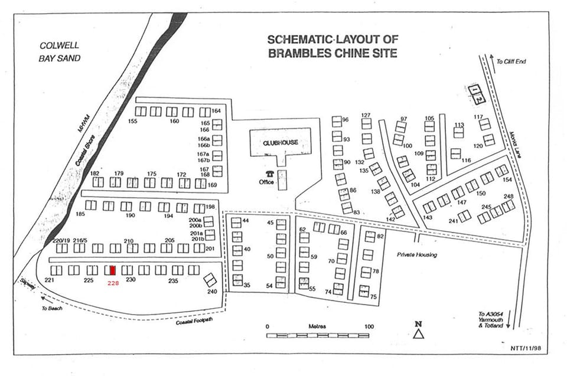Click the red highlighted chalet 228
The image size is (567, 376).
click(113, 270)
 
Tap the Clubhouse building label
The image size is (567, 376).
click(281, 142)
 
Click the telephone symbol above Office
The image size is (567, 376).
click(270, 174)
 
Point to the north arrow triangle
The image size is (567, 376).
click(419, 334)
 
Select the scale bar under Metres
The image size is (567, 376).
click(318, 335)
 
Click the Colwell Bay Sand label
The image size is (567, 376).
click(60, 51)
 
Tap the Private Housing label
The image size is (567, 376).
click(417, 254)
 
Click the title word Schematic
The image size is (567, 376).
click(299, 40)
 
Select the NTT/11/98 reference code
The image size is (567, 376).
click(526, 348)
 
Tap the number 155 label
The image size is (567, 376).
click(132, 121)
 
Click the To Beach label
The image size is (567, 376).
click(51, 309)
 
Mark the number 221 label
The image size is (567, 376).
click(50, 280)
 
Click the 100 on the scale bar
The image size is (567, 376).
click(369, 326)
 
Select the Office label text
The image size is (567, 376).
click(266, 182)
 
